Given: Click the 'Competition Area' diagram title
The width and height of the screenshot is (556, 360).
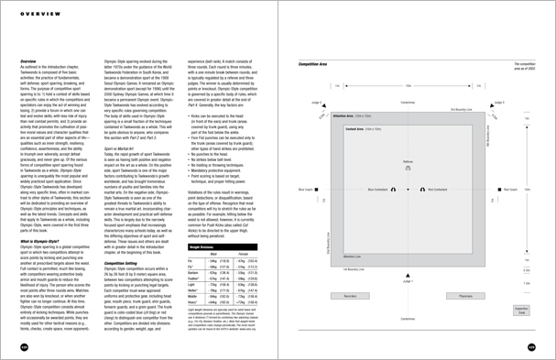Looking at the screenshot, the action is pyautogui.click(x=313, y=65).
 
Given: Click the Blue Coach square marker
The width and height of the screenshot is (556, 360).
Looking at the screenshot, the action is pyautogui.click(x=316, y=190).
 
